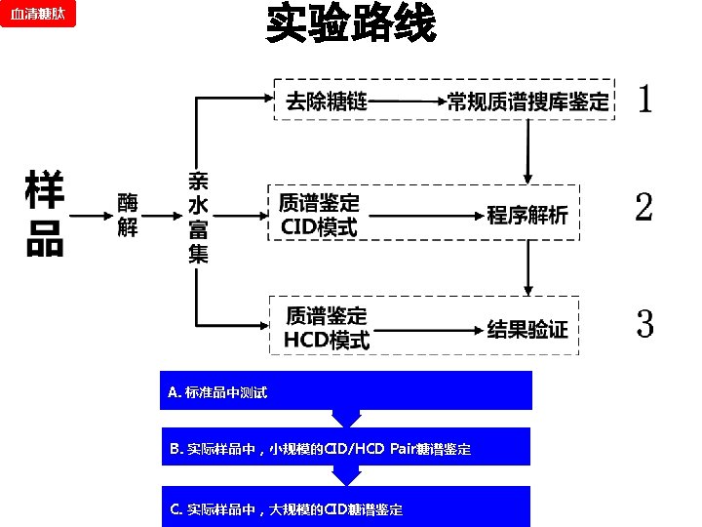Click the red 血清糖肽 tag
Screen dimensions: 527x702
pyautogui.click(x=38, y=14)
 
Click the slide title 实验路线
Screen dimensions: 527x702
pyautogui.click(x=350, y=24)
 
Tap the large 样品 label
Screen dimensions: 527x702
pyautogui.click(x=45, y=214)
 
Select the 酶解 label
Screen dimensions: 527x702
pyautogui.click(x=128, y=215)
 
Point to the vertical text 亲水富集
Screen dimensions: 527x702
pyautogui.click(x=198, y=217)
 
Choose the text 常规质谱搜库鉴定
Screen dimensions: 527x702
pyautogui.click(x=527, y=101)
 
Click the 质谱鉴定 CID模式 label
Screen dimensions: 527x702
pyautogui.click(x=319, y=215)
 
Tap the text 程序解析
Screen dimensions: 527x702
pyautogui.click(x=527, y=215)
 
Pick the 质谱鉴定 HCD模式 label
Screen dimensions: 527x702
pyautogui.click(x=327, y=328)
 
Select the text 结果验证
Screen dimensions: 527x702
pyautogui.click(x=527, y=329)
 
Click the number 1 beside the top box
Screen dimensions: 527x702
pyautogui.click(x=644, y=99)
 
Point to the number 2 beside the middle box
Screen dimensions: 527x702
pyautogui.click(x=643, y=208)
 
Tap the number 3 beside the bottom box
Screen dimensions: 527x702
pyautogui.click(x=644, y=323)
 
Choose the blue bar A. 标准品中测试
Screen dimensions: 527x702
pyautogui.click(x=346, y=390)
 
